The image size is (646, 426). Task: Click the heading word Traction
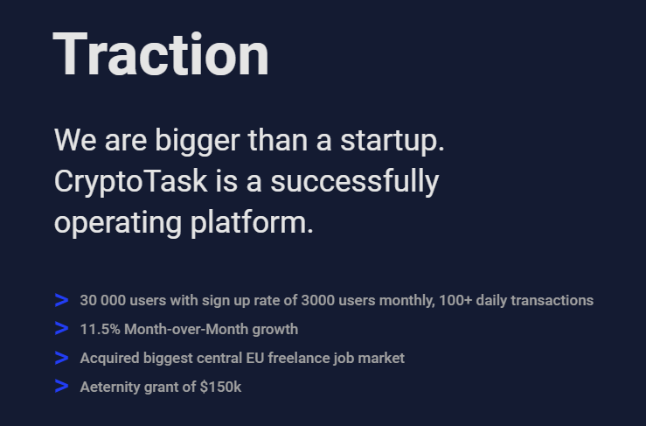(x=161, y=54)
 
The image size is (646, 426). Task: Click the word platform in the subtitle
(x=251, y=222)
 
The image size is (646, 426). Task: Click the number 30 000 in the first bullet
(x=102, y=301)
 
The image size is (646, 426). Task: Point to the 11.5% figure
(x=98, y=330)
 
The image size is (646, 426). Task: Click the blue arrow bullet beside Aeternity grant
(x=61, y=386)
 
